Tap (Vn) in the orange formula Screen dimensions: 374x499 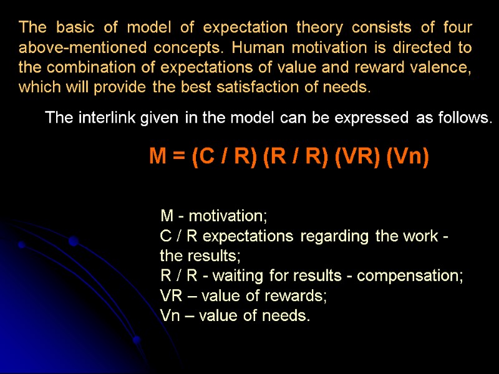[x=408, y=157]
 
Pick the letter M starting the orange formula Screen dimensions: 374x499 [x=157, y=157]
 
